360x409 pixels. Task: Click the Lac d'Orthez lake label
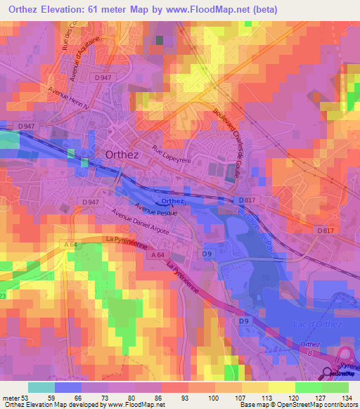pos(315,323)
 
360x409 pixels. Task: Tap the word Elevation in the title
pos(75,9)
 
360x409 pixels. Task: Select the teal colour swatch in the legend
pos(41,387)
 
